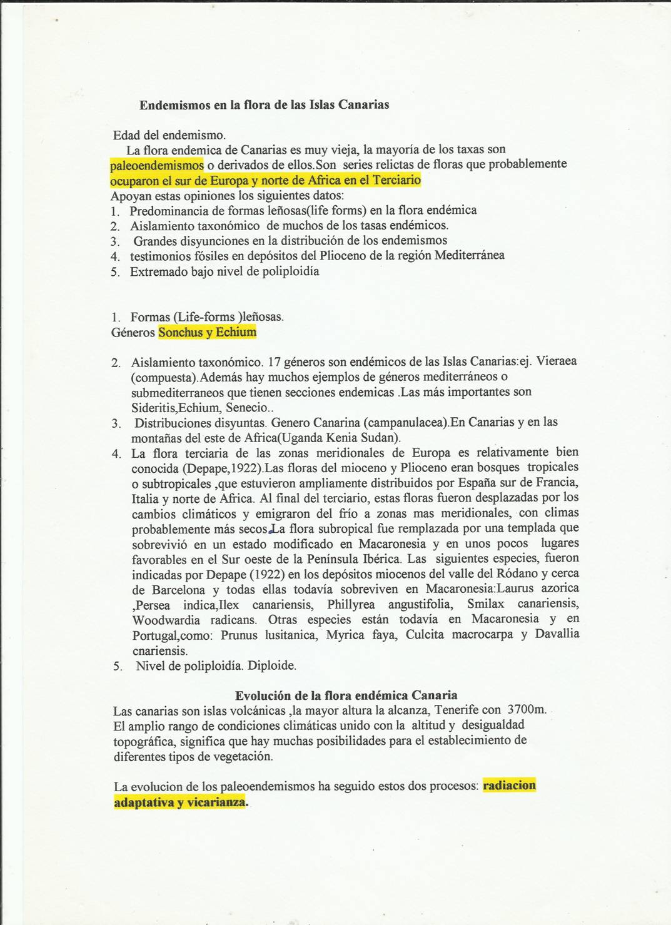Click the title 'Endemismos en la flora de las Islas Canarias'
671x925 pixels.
coord(264,105)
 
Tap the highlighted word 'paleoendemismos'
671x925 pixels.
coord(156,165)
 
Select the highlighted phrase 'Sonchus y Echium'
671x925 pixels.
coord(208,332)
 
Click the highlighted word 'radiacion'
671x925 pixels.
coord(509,786)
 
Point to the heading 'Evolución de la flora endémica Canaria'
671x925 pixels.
coord(346,695)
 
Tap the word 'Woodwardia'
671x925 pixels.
coord(166,620)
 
